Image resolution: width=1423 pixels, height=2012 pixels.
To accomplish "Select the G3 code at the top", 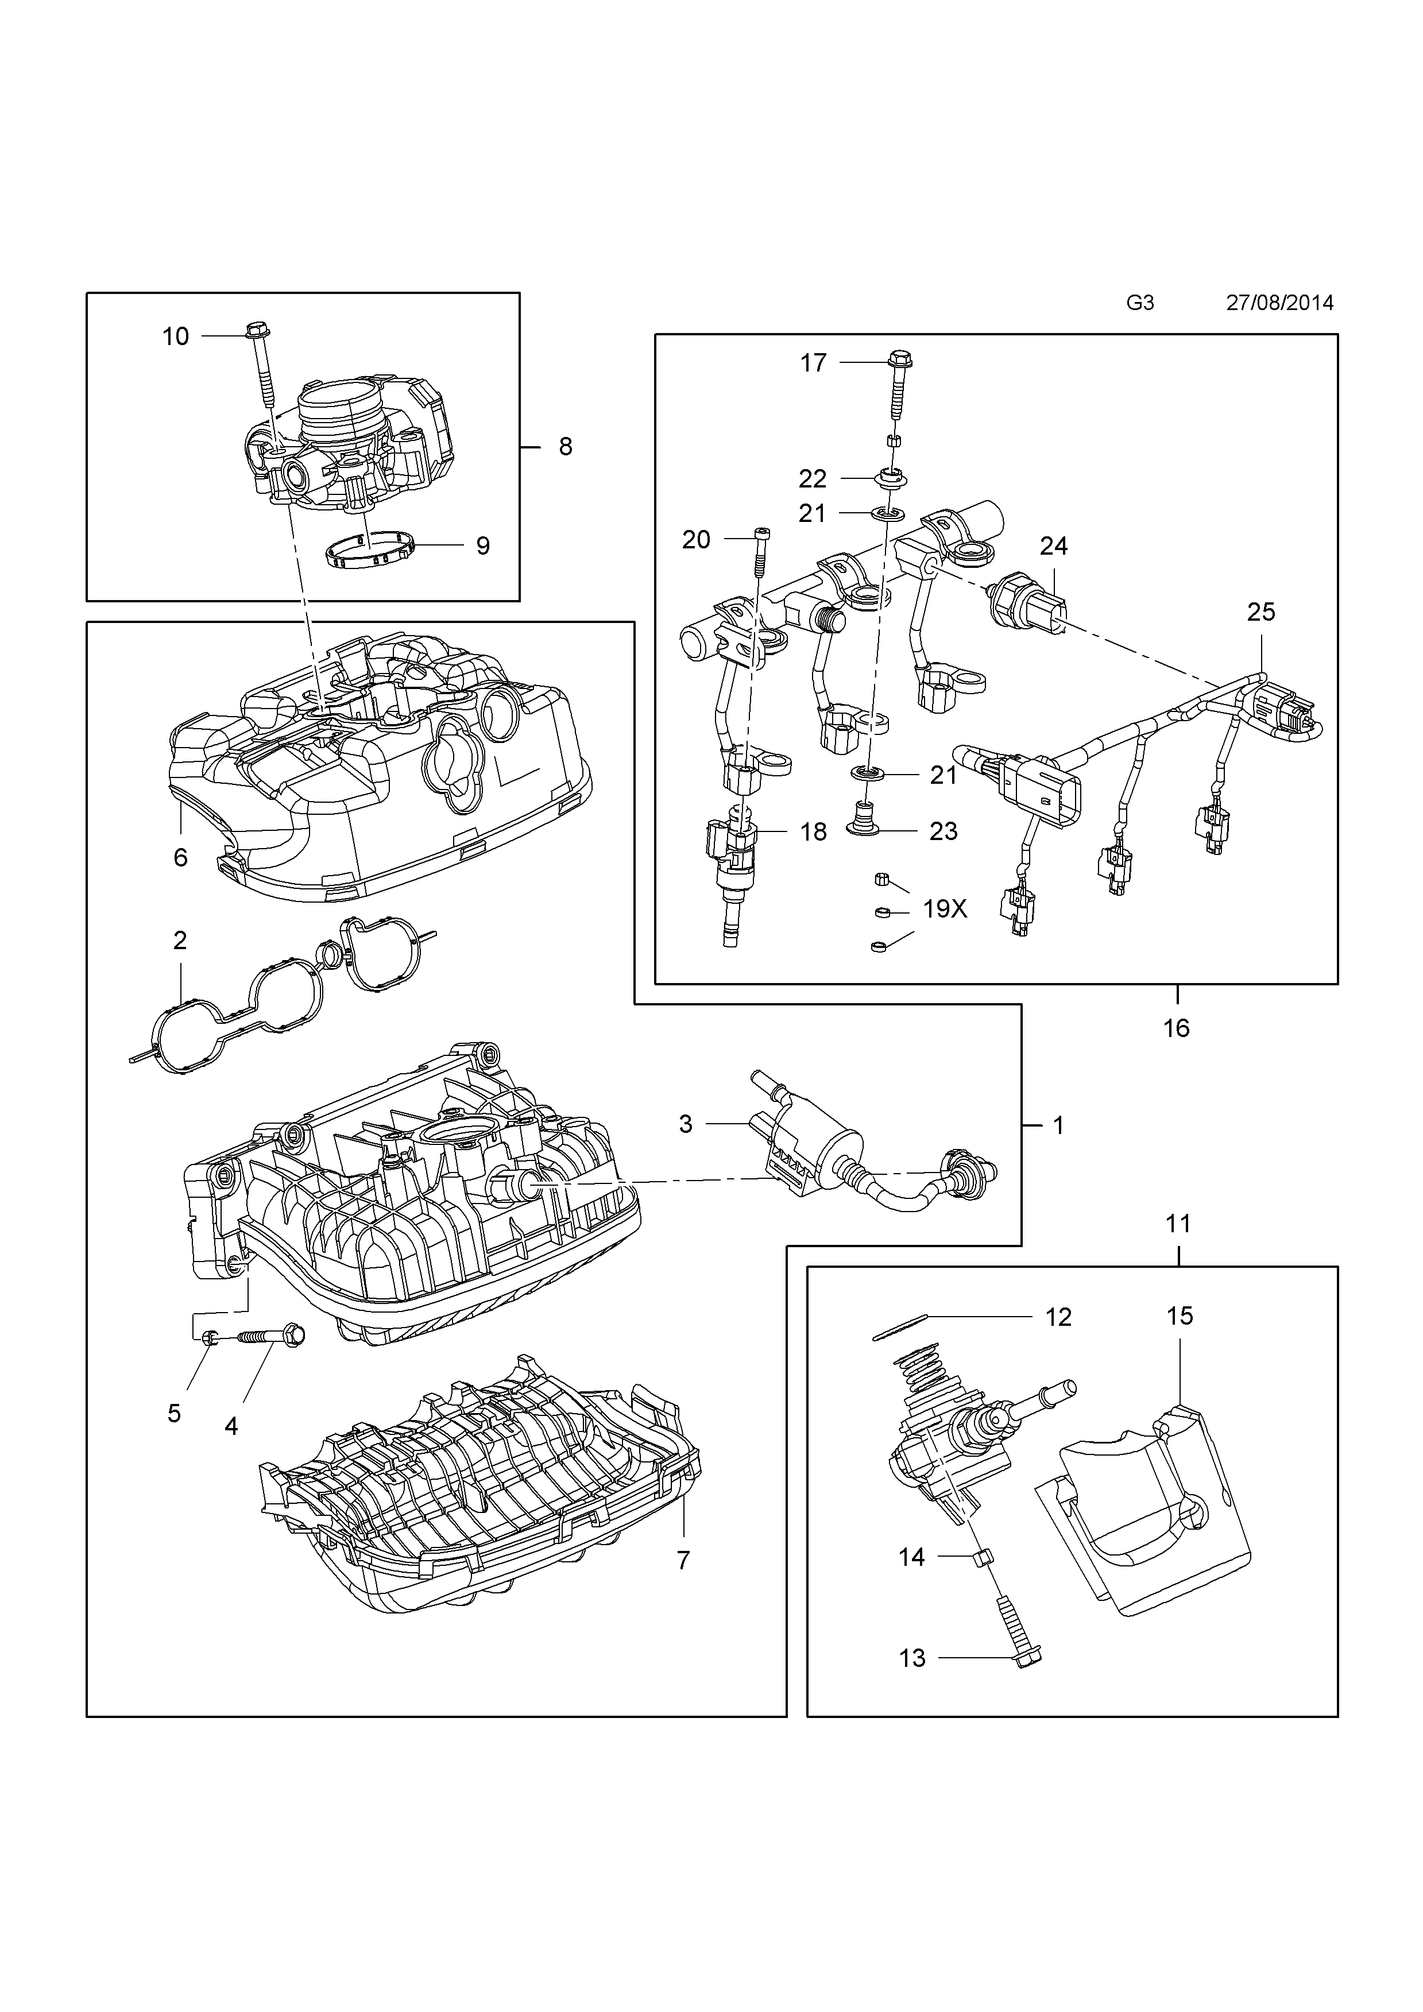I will pyautogui.click(x=1139, y=303).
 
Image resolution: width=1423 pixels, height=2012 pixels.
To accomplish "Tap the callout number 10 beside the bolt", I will pyautogui.click(x=175, y=336).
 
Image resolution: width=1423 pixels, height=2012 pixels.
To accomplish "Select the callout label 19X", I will pyautogui.click(x=945, y=910).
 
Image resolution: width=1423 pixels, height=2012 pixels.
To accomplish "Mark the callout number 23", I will pyautogui.click(x=943, y=831).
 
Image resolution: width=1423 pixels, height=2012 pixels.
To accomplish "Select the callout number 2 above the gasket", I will pyautogui.click(x=180, y=941).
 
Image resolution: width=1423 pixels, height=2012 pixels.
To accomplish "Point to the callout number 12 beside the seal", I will pyautogui.click(x=1058, y=1317).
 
